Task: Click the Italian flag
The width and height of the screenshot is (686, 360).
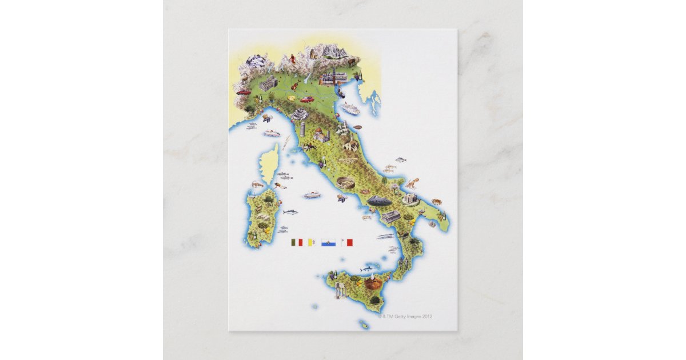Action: tap(296, 242)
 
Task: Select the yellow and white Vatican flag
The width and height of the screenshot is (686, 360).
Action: tap(312, 242)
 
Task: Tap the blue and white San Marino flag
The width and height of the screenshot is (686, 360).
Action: tap(328, 242)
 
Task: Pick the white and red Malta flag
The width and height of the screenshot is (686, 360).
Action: tap(346, 242)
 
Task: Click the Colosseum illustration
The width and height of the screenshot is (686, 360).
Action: tap(345, 183)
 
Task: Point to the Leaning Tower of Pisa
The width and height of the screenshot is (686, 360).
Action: tap(302, 129)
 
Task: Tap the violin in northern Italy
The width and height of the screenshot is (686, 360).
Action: tap(293, 86)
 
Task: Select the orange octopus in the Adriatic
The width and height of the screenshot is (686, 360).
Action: tap(411, 183)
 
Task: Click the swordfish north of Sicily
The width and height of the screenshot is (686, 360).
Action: tap(366, 268)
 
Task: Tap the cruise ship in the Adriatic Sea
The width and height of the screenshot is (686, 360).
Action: tap(349, 108)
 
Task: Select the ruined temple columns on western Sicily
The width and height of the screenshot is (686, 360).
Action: tap(342, 293)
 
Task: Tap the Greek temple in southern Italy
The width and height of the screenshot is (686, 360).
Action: tap(391, 216)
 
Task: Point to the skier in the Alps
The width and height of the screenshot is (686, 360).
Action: tap(292, 58)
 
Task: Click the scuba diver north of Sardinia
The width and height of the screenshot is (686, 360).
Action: tap(280, 186)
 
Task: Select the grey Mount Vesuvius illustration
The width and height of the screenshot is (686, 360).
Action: tap(379, 200)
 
